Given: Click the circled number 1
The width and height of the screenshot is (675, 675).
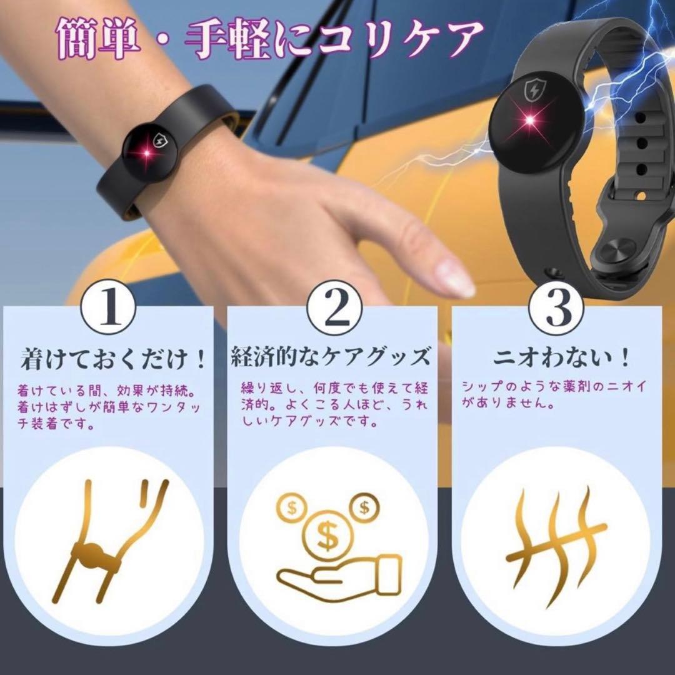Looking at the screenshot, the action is (x=108, y=309).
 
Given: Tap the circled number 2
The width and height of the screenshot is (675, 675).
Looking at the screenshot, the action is (x=334, y=309).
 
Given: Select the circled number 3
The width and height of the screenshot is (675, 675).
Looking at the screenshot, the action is (x=557, y=309).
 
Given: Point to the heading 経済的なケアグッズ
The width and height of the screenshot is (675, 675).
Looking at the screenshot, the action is (x=331, y=356).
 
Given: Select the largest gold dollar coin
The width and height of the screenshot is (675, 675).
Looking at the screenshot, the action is (x=327, y=536).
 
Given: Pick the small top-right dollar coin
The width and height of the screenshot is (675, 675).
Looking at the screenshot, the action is (x=364, y=507).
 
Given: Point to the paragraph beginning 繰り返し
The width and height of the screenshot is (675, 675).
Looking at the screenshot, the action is (x=334, y=404).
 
